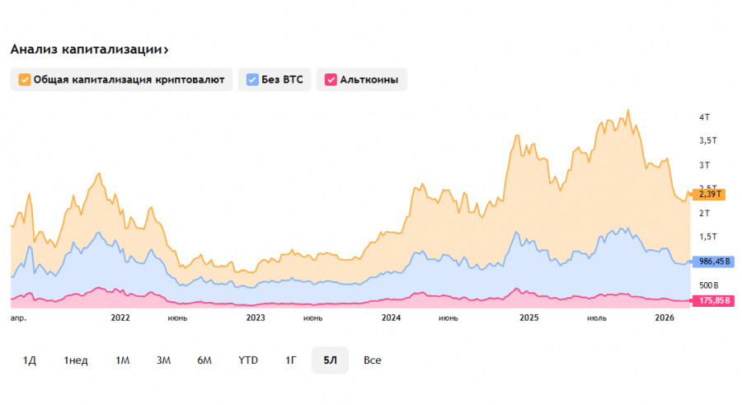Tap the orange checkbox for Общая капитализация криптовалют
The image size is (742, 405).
[x=25, y=80]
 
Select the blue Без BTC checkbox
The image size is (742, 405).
[x=252, y=80]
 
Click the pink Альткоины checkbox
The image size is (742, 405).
[x=331, y=80]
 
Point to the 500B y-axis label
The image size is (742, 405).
[x=707, y=285]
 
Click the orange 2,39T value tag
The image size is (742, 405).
[x=708, y=195]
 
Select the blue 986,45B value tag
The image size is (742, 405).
[x=714, y=261]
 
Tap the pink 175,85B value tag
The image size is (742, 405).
[x=714, y=300]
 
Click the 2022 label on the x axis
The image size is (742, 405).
[x=120, y=318]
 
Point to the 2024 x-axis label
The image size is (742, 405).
[x=391, y=318]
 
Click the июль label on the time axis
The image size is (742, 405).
[x=597, y=318]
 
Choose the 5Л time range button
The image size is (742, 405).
[x=330, y=360]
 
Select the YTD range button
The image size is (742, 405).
[x=248, y=360]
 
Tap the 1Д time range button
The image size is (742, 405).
[x=30, y=360]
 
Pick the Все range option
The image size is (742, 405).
[x=373, y=360]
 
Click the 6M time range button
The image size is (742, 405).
[x=204, y=360]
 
